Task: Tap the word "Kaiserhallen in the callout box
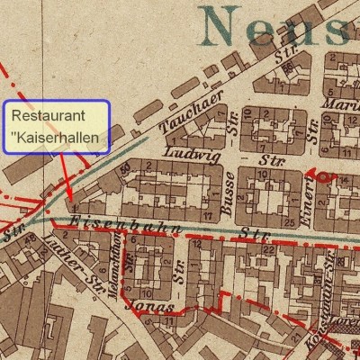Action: pos(54,139)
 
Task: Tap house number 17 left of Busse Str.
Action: pos(208,216)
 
